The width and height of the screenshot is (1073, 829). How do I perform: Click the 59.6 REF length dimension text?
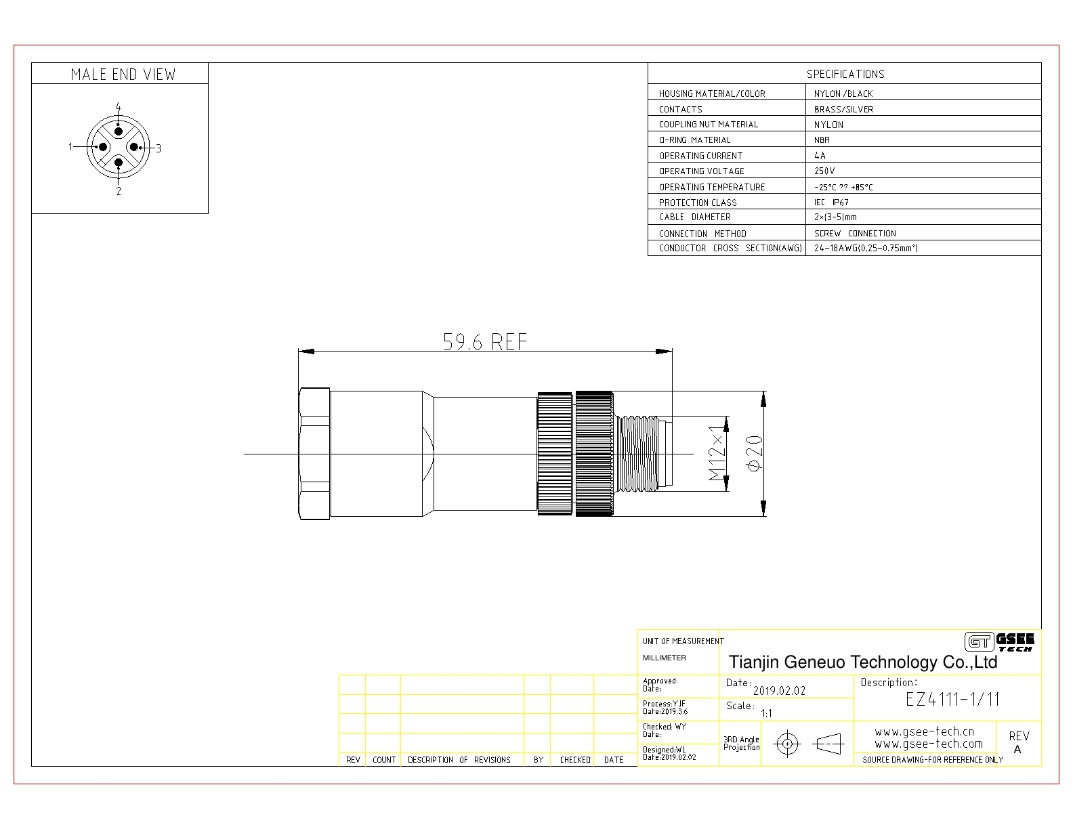485,341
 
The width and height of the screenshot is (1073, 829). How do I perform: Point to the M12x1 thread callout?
717,453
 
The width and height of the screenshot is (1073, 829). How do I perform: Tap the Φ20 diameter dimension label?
755,452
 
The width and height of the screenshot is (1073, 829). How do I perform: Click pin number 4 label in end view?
119,106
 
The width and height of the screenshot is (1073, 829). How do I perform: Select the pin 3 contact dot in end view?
134,147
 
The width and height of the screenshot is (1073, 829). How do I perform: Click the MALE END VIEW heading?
123,75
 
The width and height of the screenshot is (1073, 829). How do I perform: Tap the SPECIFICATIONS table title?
845,74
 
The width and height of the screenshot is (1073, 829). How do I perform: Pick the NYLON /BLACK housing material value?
843,94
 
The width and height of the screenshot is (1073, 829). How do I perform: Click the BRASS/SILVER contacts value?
843,110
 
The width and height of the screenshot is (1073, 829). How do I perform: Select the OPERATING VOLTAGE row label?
701,171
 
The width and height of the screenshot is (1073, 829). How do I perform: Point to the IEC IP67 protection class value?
831,203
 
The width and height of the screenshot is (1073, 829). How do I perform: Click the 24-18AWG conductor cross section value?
866,248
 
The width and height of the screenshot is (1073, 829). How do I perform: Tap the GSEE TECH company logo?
999,642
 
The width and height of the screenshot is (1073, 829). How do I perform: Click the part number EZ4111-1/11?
952,699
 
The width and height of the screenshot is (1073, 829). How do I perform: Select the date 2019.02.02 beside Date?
779,691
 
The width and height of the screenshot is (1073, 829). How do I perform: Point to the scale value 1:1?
766,713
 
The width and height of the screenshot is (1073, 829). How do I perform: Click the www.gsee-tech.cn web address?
925,731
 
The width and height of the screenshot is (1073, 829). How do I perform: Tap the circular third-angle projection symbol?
788,744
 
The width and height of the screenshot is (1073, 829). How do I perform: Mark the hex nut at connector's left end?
314,453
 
